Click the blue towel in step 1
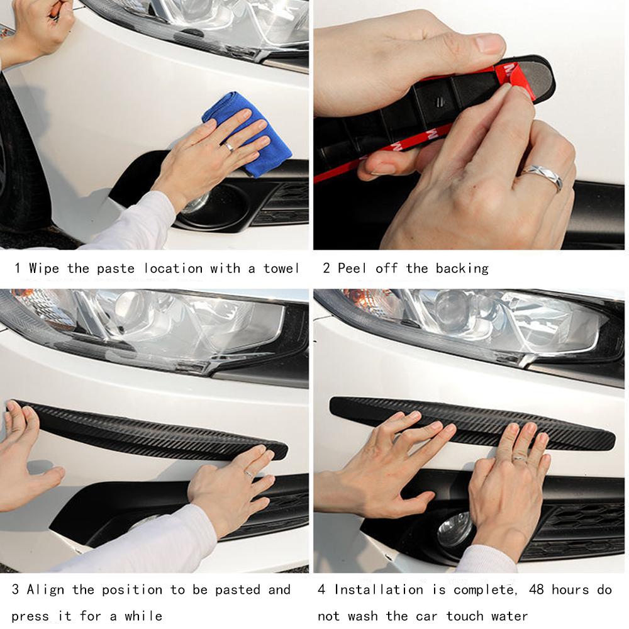click(248, 132)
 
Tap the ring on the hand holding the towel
click(229, 147)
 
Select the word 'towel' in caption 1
click(281, 269)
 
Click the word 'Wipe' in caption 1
click(44, 269)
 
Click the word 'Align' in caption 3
click(45, 590)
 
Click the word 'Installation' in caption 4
click(379, 590)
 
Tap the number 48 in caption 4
click(537, 590)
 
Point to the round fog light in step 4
click(454, 530)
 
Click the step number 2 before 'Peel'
click(326, 269)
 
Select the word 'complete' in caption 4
click(483, 590)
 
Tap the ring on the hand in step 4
click(519, 459)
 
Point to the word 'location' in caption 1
click(174, 269)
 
